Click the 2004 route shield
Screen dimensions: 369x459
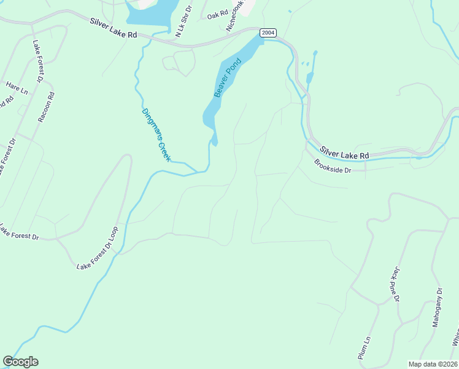click(x=268, y=33)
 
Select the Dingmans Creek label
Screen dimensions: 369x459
click(x=156, y=135)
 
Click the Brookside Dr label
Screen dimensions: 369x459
click(x=332, y=166)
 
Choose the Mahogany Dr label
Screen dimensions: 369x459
click(x=438, y=307)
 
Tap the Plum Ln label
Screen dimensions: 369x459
click(x=364, y=348)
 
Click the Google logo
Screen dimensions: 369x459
click(x=20, y=362)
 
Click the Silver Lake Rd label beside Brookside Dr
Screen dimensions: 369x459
click(x=344, y=151)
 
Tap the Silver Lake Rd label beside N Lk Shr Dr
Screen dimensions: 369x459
click(x=113, y=28)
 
